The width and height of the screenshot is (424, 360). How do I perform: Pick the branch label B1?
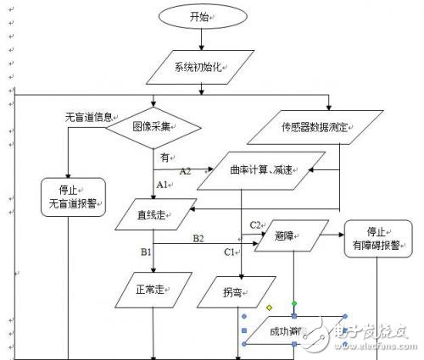pyautogui.click(x=146, y=251)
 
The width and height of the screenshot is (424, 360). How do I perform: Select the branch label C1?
pyautogui.click(x=229, y=252)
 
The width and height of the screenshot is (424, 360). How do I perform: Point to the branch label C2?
pyautogui.click(x=254, y=224)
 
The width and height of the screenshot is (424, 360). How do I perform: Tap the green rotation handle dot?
pyautogui.click(x=294, y=302)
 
